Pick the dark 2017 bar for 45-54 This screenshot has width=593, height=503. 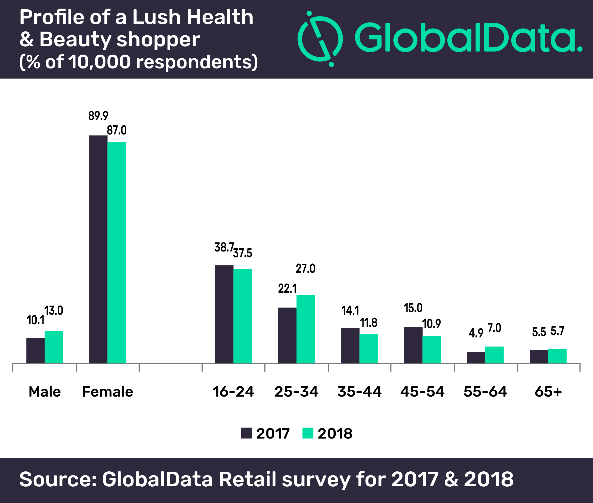tap(413, 345)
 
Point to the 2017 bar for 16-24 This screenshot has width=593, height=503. tap(224, 314)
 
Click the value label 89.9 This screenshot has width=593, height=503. tap(98, 116)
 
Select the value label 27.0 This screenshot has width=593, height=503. tap(306, 269)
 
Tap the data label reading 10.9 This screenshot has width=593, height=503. tap(431, 324)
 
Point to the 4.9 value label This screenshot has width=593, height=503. tap(476, 333)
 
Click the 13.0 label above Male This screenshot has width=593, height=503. tap(54, 311)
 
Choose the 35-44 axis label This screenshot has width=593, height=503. tap(359, 392)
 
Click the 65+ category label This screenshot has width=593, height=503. tap(548, 392)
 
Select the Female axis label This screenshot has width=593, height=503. tap(107, 392)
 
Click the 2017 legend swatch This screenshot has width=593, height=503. tap(246, 433)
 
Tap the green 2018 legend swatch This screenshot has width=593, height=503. tap(308, 433)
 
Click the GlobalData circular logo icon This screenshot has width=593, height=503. tap(320, 39)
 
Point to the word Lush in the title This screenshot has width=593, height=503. tap(156, 17)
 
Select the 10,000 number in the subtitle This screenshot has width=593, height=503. tap(100, 62)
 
